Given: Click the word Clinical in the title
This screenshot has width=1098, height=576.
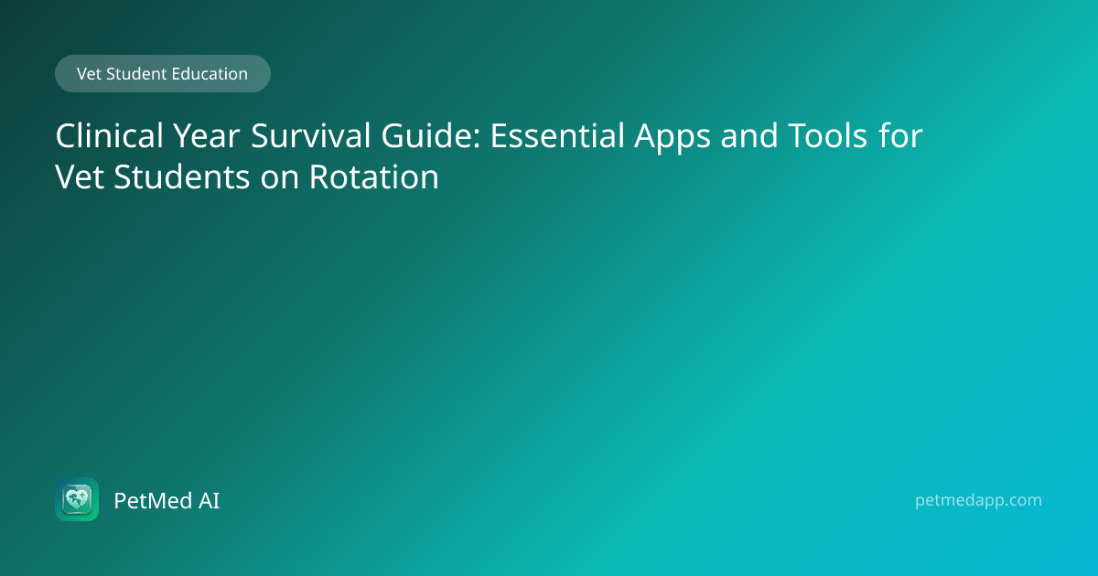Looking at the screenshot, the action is pos(109,135).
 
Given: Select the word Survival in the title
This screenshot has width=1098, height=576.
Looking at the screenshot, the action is pos(311,135).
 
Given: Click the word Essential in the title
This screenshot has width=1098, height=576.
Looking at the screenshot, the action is pos(557,135).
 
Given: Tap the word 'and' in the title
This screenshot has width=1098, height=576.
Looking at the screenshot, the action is pos(749,135).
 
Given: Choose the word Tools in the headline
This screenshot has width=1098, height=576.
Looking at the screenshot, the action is pos(828,135).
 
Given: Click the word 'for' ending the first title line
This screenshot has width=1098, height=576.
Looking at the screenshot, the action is pos(900,135).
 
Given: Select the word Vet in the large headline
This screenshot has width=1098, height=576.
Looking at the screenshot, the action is pos(80,176).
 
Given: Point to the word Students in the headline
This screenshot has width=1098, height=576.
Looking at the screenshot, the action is pos(182,176).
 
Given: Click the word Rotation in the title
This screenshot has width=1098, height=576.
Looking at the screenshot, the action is pos(374,176).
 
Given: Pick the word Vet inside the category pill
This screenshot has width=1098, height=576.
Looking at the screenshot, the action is pos(89,74).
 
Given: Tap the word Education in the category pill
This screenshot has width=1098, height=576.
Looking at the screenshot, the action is pos(210,74).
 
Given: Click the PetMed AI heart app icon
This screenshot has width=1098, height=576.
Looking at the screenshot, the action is pos(77,499).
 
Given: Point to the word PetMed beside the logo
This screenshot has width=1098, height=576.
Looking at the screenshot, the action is pos(153,501).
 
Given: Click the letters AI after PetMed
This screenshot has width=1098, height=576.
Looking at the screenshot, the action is pos(210,501).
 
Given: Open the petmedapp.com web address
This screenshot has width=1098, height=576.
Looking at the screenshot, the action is pos(978,501).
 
